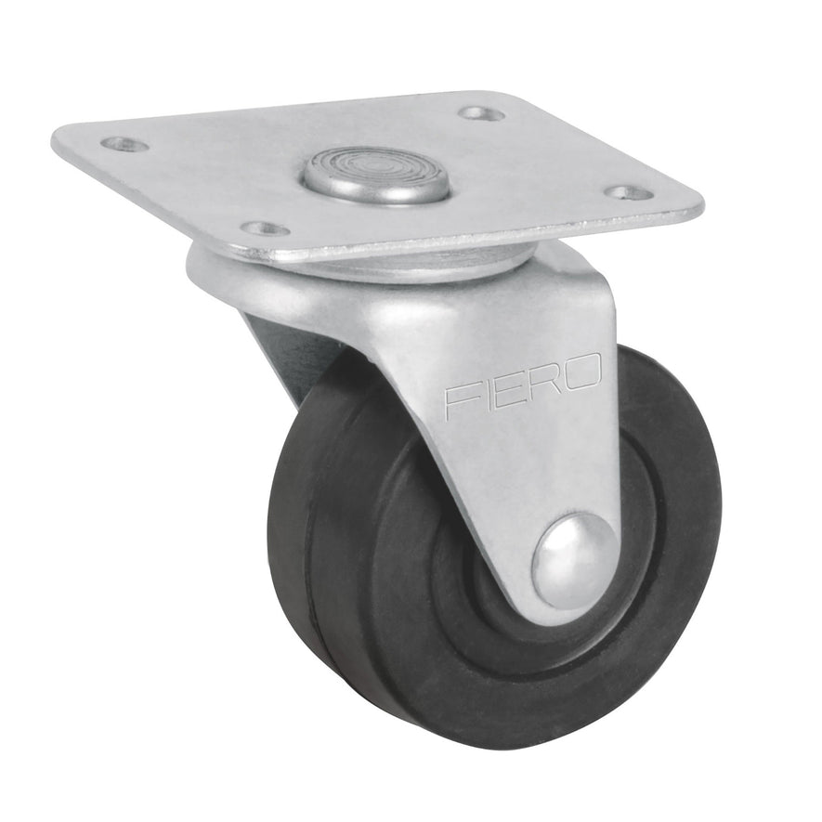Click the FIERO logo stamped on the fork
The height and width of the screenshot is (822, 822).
(523, 388)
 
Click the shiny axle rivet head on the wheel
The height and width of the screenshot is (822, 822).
(573, 559)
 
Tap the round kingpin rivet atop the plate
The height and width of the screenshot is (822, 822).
(375, 173)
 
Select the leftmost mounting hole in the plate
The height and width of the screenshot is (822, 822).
(124, 144)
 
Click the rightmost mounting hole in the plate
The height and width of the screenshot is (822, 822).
(628, 193)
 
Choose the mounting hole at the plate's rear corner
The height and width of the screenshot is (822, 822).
(481, 113)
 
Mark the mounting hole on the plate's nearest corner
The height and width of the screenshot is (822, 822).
(265, 228)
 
